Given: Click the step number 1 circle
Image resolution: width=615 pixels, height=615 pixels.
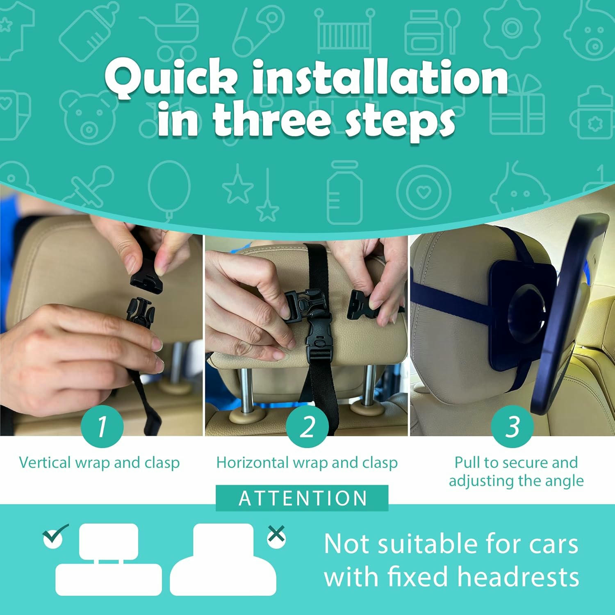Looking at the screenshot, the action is [x=102, y=426].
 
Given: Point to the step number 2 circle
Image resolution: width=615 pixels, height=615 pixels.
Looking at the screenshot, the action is [x=307, y=426].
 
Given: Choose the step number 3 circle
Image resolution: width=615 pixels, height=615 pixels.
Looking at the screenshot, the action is [x=512, y=426].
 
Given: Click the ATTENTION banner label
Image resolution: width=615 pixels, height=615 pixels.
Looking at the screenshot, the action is [x=302, y=498].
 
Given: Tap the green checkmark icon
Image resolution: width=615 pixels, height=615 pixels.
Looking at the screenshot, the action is [x=55, y=535].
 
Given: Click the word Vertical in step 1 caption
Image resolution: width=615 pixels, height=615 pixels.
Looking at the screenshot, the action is [x=45, y=462].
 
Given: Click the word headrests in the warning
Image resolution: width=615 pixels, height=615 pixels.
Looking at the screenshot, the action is [x=518, y=576].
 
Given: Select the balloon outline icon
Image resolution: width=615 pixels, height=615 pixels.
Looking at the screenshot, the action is [x=169, y=191].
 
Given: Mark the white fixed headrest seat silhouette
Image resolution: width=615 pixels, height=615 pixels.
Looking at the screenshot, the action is [x=223, y=559].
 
